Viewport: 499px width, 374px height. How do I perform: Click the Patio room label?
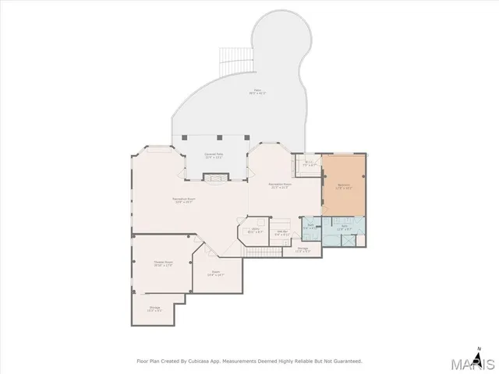click(258, 91)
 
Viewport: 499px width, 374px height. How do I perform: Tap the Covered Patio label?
click(214, 156)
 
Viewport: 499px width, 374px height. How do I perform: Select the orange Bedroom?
click(344, 186)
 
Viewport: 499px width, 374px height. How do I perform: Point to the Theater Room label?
click(163, 263)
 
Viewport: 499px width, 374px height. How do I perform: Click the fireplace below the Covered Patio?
click(213, 177)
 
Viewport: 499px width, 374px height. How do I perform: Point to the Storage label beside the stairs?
click(303, 250)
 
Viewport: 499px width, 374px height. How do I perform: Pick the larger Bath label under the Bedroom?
click(344, 229)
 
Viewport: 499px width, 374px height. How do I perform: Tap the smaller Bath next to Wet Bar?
click(310, 227)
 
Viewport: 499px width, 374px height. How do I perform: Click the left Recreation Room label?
click(184, 200)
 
